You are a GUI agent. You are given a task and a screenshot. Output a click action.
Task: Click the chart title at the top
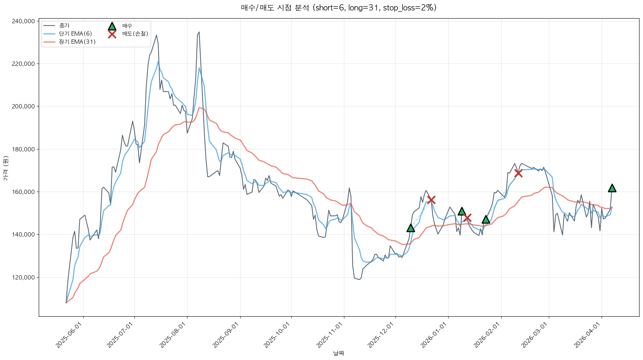pos(339,8)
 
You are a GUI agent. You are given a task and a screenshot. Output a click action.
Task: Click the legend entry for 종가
pos(64,26)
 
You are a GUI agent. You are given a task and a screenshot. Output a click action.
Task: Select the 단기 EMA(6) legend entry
pos(75,34)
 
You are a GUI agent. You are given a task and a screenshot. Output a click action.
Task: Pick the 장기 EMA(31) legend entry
pos(77,42)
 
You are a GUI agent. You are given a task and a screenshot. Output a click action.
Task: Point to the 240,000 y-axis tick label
pos(23,21)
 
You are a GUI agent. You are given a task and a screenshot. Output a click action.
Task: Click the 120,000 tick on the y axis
pos(23,278)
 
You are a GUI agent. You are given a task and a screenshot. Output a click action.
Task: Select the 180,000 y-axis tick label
pos(23,149)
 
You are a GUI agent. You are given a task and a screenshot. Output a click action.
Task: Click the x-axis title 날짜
pos(339,353)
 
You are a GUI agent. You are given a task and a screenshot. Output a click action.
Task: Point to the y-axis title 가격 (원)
pos(5,168)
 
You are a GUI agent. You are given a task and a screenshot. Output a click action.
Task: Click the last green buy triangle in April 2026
pos(612,188)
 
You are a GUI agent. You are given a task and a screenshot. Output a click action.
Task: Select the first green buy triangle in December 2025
pos(411,228)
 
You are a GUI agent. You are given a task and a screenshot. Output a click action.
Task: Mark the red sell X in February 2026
pos(518,173)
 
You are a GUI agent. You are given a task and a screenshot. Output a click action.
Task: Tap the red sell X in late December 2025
pos(431,200)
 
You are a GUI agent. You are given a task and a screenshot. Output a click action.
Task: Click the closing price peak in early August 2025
pos(199,32)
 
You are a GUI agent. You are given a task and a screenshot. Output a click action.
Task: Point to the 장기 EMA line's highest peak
pos(199,108)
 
